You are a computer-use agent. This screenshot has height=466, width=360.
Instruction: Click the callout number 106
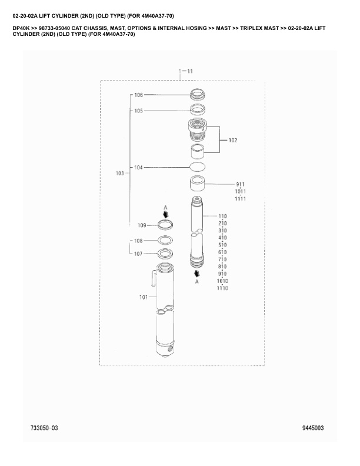click(x=138, y=95)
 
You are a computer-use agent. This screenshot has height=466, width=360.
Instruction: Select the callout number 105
click(x=138, y=111)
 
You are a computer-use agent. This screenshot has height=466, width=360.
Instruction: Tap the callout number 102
click(x=233, y=140)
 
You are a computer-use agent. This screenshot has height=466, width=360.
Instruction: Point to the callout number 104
click(x=138, y=168)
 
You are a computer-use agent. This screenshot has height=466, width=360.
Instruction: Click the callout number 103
click(x=120, y=173)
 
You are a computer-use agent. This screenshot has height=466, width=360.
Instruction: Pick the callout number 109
click(x=142, y=225)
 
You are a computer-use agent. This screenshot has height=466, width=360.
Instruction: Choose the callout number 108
click(x=138, y=241)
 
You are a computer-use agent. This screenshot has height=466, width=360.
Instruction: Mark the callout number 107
click(x=138, y=254)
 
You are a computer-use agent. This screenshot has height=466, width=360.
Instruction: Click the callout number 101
click(x=144, y=297)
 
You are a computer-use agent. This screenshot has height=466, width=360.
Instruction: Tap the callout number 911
click(x=241, y=185)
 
